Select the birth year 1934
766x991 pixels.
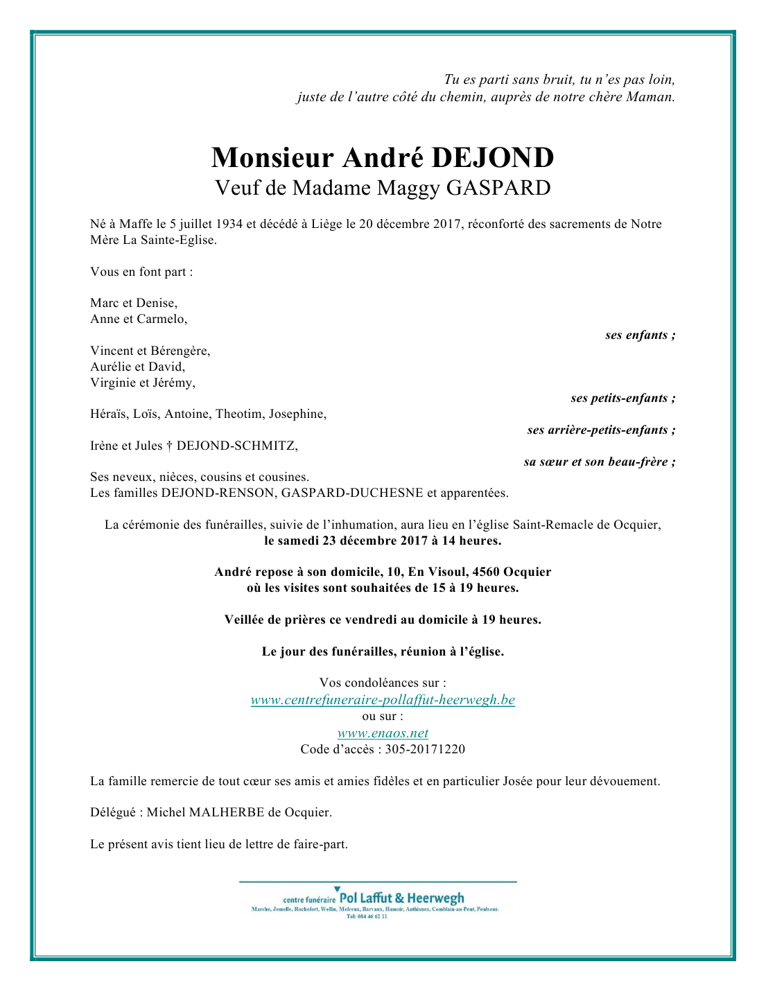click(x=229, y=224)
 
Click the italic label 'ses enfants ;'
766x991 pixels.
click(x=640, y=335)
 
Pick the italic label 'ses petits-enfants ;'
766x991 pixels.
click(x=623, y=398)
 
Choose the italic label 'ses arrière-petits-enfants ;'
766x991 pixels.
click(x=601, y=430)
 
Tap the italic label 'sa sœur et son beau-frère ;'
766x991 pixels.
click(x=599, y=462)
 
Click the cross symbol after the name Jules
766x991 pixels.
click(x=169, y=446)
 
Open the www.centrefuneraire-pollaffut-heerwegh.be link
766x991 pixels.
click(x=383, y=700)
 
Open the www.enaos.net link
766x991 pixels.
click(x=383, y=733)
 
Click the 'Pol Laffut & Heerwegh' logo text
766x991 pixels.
click(x=401, y=898)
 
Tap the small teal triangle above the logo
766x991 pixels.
click(x=337, y=888)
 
